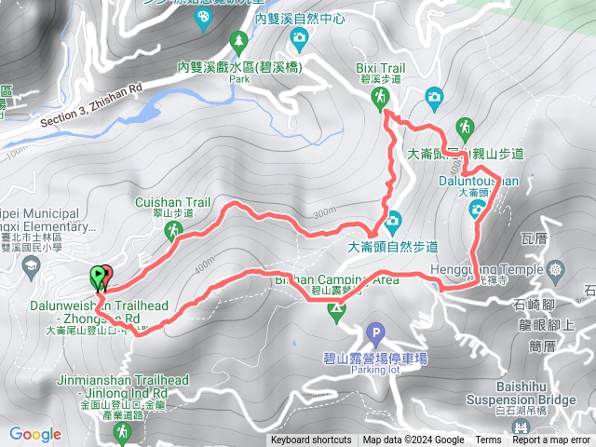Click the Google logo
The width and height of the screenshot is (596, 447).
coord(35,434)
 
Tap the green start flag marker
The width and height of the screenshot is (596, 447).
coord(98,276)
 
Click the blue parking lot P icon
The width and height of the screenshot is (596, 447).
coord(375,332)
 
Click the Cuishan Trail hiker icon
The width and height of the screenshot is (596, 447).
coord(173,229)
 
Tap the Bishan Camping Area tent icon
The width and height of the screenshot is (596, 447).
coord(336,311)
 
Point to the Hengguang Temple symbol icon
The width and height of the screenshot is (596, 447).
coord(556,270)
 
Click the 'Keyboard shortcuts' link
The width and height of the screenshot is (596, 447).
coord(311,440)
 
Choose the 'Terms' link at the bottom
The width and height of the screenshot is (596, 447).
coord(488,440)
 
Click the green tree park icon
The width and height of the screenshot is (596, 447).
coord(239,41)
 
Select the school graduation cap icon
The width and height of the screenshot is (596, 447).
coord(30,266)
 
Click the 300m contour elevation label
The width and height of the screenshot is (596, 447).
coord(324,211)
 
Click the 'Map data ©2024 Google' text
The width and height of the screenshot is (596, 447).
coord(413,440)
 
